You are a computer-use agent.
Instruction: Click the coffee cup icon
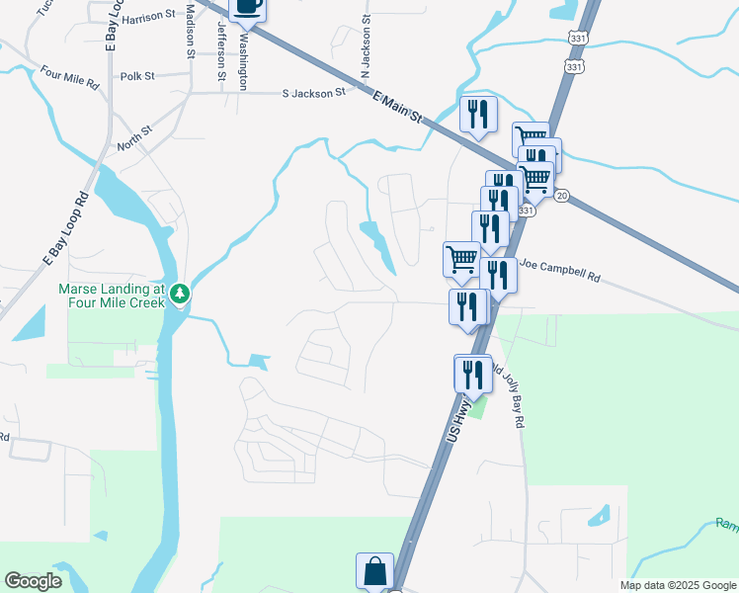tap(247, 8)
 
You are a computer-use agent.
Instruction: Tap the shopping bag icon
tap(374, 571)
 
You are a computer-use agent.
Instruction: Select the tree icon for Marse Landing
tap(179, 294)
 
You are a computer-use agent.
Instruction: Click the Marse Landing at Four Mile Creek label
tap(110, 295)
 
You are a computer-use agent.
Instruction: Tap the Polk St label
tap(137, 76)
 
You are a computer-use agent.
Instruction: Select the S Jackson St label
tap(313, 93)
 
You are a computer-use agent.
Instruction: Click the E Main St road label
tap(397, 108)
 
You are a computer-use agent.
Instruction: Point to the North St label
tap(134, 137)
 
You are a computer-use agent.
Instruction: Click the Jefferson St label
tap(221, 42)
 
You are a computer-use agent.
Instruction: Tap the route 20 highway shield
tap(561, 196)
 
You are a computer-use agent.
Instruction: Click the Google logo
tap(33, 581)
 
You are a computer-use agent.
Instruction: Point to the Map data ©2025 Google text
tap(678, 585)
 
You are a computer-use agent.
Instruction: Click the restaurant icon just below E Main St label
tap(477, 115)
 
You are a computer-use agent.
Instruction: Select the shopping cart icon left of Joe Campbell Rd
tap(461, 259)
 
